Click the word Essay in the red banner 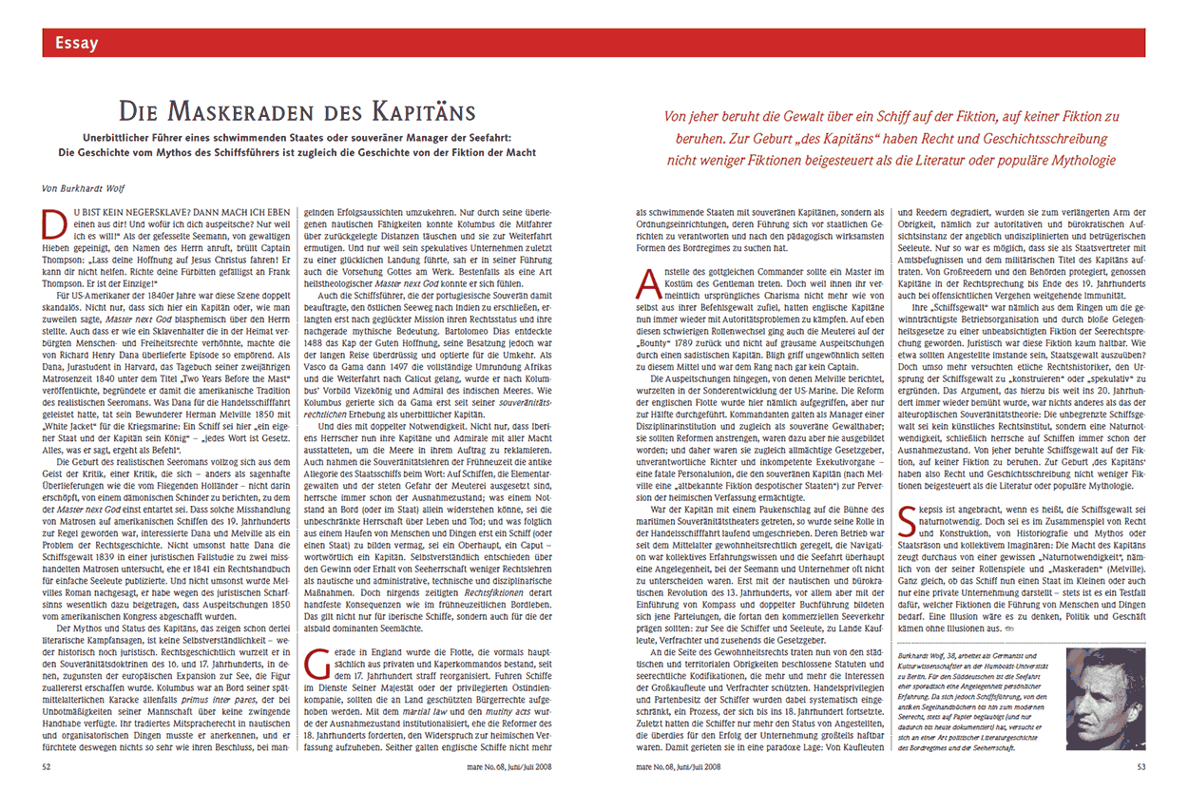(x=76, y=43)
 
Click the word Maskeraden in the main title (x=257, y=112)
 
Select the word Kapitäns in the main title (x=428, y=112)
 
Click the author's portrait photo (x=1106, y=699)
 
